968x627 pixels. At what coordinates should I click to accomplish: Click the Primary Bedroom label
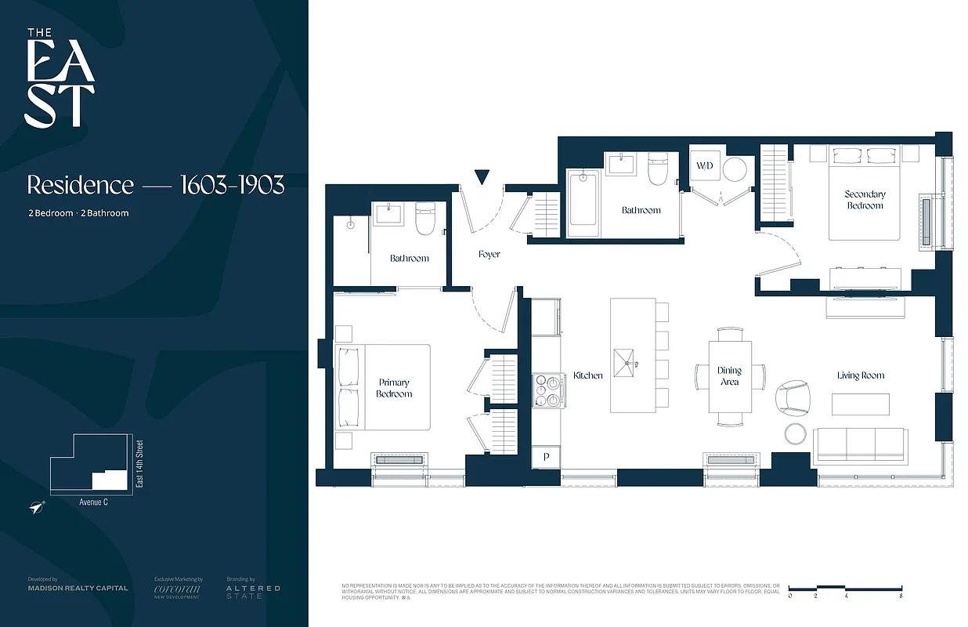tap(393, 388)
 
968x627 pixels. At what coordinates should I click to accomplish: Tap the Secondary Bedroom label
tap(865, 200)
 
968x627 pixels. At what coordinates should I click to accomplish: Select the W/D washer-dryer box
tap(704, 167)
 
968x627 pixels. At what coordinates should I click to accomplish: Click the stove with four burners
tap(548, 390)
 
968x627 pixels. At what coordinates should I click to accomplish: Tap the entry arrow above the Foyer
tap(482, 177)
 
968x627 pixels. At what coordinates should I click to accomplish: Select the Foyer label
tap(489, 254)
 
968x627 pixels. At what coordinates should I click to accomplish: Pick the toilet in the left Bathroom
tap(425, 219)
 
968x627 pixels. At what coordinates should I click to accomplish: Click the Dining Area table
tap(730, 376)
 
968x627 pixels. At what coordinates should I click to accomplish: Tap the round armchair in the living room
tap(793, 398)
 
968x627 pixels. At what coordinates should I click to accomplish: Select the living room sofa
tap(860, 446)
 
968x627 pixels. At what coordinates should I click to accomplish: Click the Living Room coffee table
tap(860, 404)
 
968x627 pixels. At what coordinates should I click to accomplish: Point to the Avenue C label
tap(94, 502)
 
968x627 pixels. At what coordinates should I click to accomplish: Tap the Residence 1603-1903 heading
tap(155, 185)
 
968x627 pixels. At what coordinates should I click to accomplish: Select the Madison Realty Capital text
tap(78, 588)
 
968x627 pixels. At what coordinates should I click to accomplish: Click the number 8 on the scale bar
tap(901, 596)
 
